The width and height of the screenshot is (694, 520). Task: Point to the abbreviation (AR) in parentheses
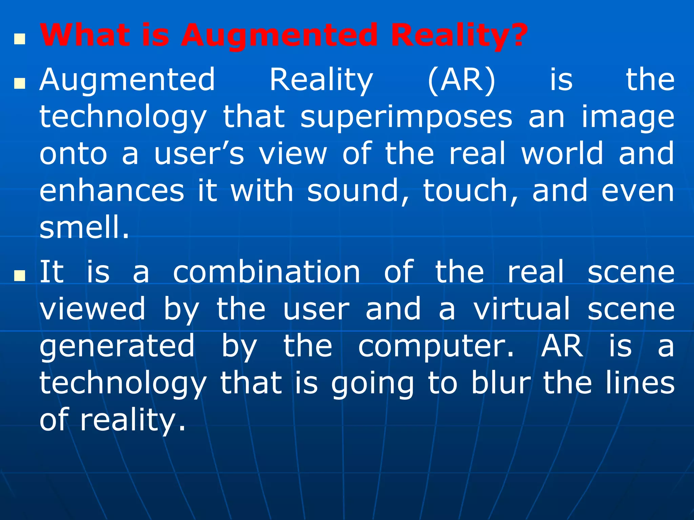pos(462,80)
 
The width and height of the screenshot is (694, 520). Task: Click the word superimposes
pos(406,117)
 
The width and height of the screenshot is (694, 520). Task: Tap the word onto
pos(73,154)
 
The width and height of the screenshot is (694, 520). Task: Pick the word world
pos(562,154)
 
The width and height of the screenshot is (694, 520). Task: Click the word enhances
pos(112,191)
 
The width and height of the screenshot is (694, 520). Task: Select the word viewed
pos(93,309)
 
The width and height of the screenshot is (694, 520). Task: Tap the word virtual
pos(522,309)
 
